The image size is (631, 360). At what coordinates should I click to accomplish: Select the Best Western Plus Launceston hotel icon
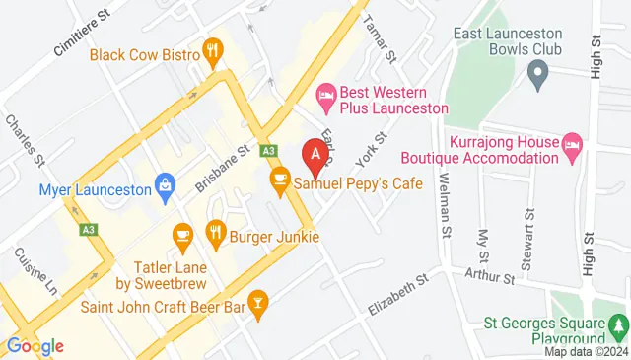point(323,95)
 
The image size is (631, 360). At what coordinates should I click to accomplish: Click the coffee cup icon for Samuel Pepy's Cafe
point(279,180)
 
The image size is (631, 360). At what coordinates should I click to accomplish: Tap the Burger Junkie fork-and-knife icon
point(215,233)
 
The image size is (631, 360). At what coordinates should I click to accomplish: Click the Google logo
point(35,345)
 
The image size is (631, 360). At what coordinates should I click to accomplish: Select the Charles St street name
point(25,139)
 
